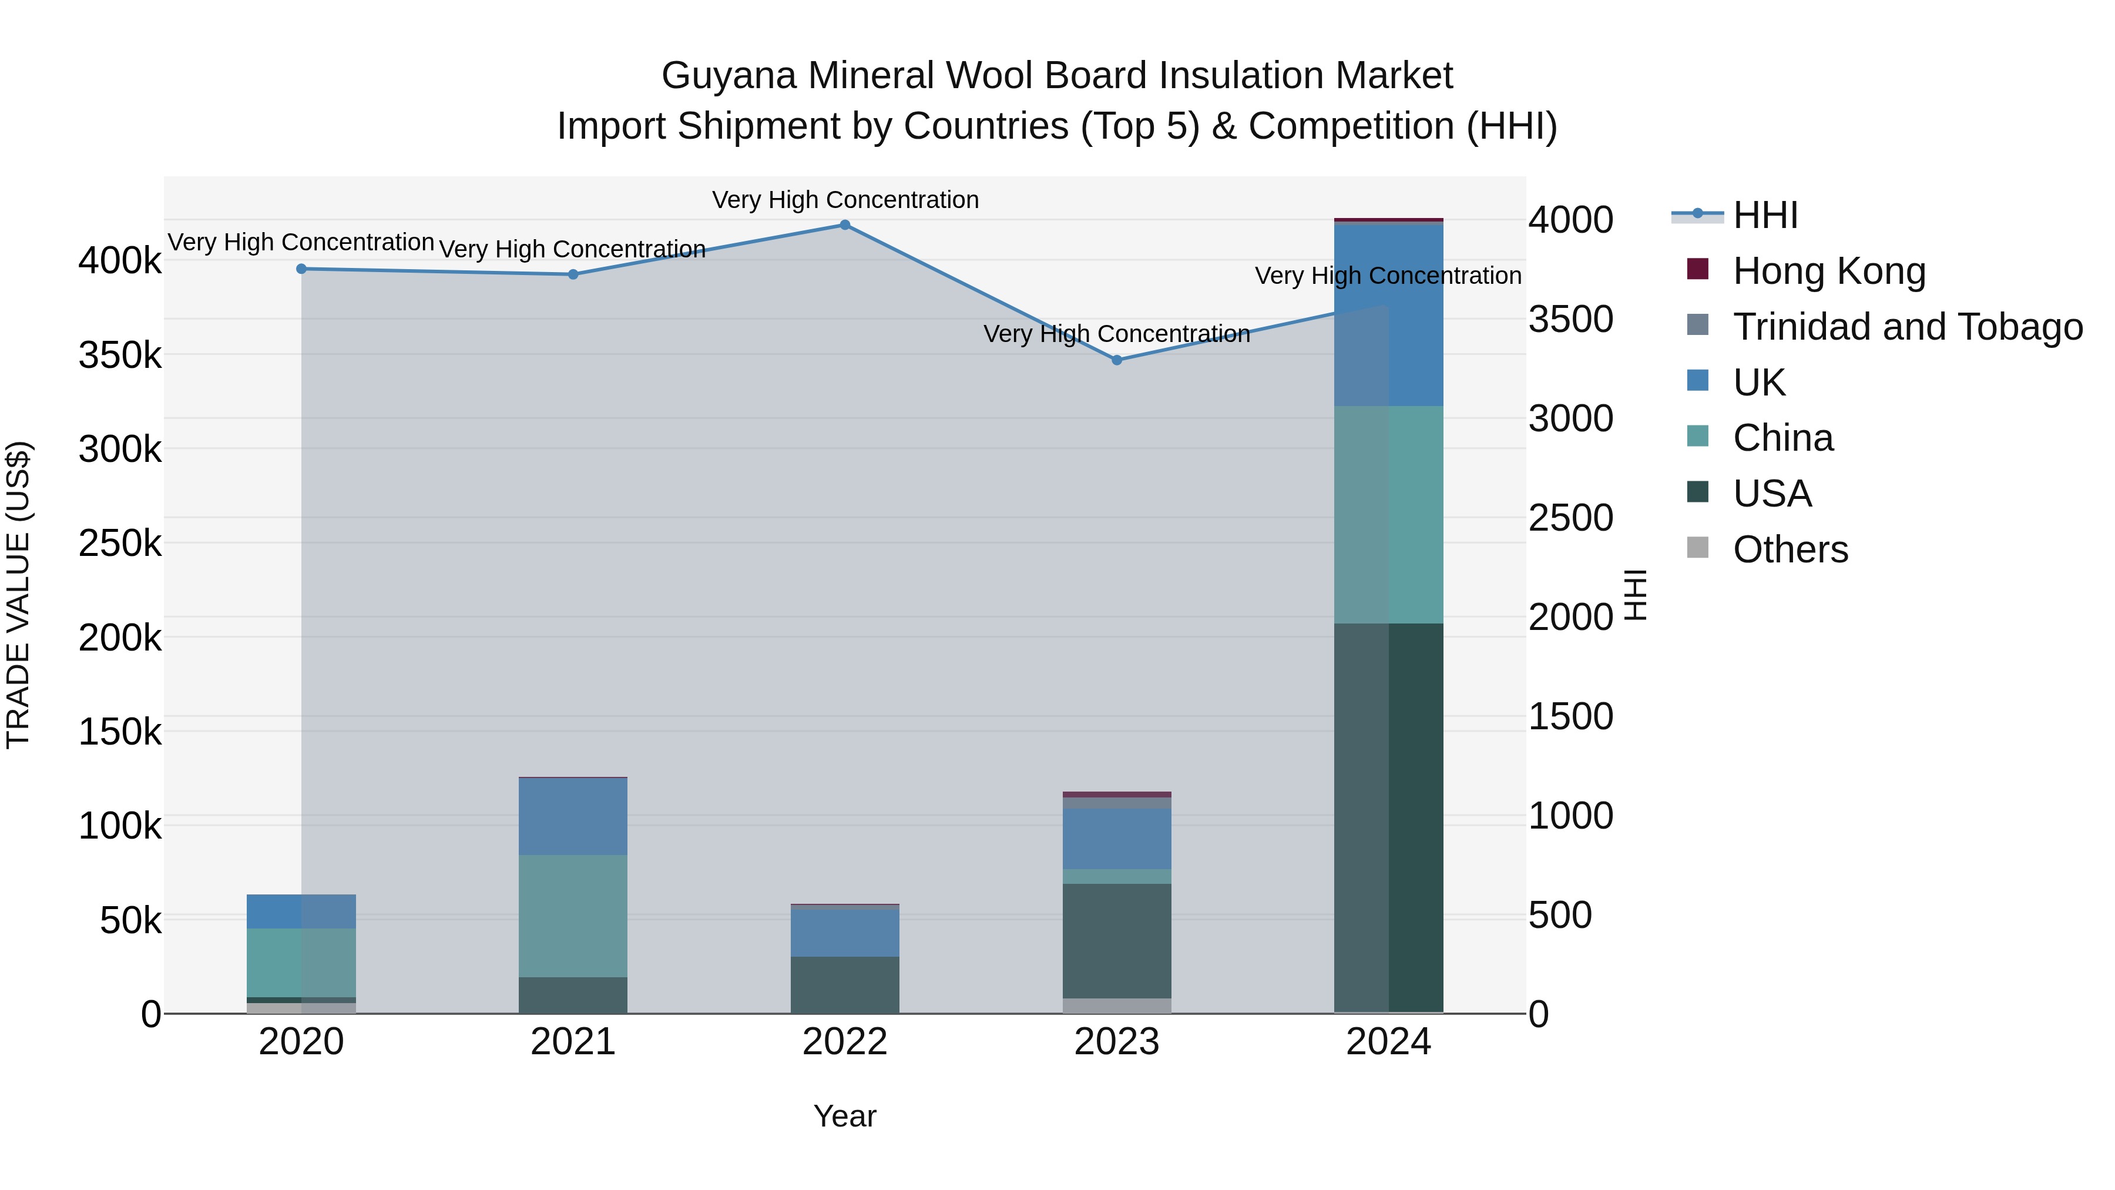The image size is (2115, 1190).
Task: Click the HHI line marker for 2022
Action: [845, 225]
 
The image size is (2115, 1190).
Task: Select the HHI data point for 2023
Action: [1117, 360]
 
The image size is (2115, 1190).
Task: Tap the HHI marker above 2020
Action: [301, 269]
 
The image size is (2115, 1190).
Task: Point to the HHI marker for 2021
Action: [573, 274]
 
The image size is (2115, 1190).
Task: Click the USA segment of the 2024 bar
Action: [1388, 817]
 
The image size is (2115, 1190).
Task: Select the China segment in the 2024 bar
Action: [1388, 515]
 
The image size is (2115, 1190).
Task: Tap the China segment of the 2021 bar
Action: [573, 916]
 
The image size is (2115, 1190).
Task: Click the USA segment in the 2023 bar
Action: [1117, 940]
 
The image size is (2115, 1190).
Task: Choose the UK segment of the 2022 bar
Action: [845, 932]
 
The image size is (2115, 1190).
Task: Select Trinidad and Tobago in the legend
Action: [1906, 327]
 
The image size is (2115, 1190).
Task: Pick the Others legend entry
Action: [1790, 549]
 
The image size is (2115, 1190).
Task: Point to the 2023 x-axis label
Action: [1117, 1042]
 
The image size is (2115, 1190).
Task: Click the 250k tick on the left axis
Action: [120, 543]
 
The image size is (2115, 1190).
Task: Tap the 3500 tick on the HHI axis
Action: [1570, 320]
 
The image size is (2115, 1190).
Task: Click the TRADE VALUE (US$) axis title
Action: [18, 595]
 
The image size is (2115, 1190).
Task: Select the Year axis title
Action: [845, 1116]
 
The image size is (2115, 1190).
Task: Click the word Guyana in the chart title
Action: [728, 76]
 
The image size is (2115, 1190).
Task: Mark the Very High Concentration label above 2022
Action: [845, 200]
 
